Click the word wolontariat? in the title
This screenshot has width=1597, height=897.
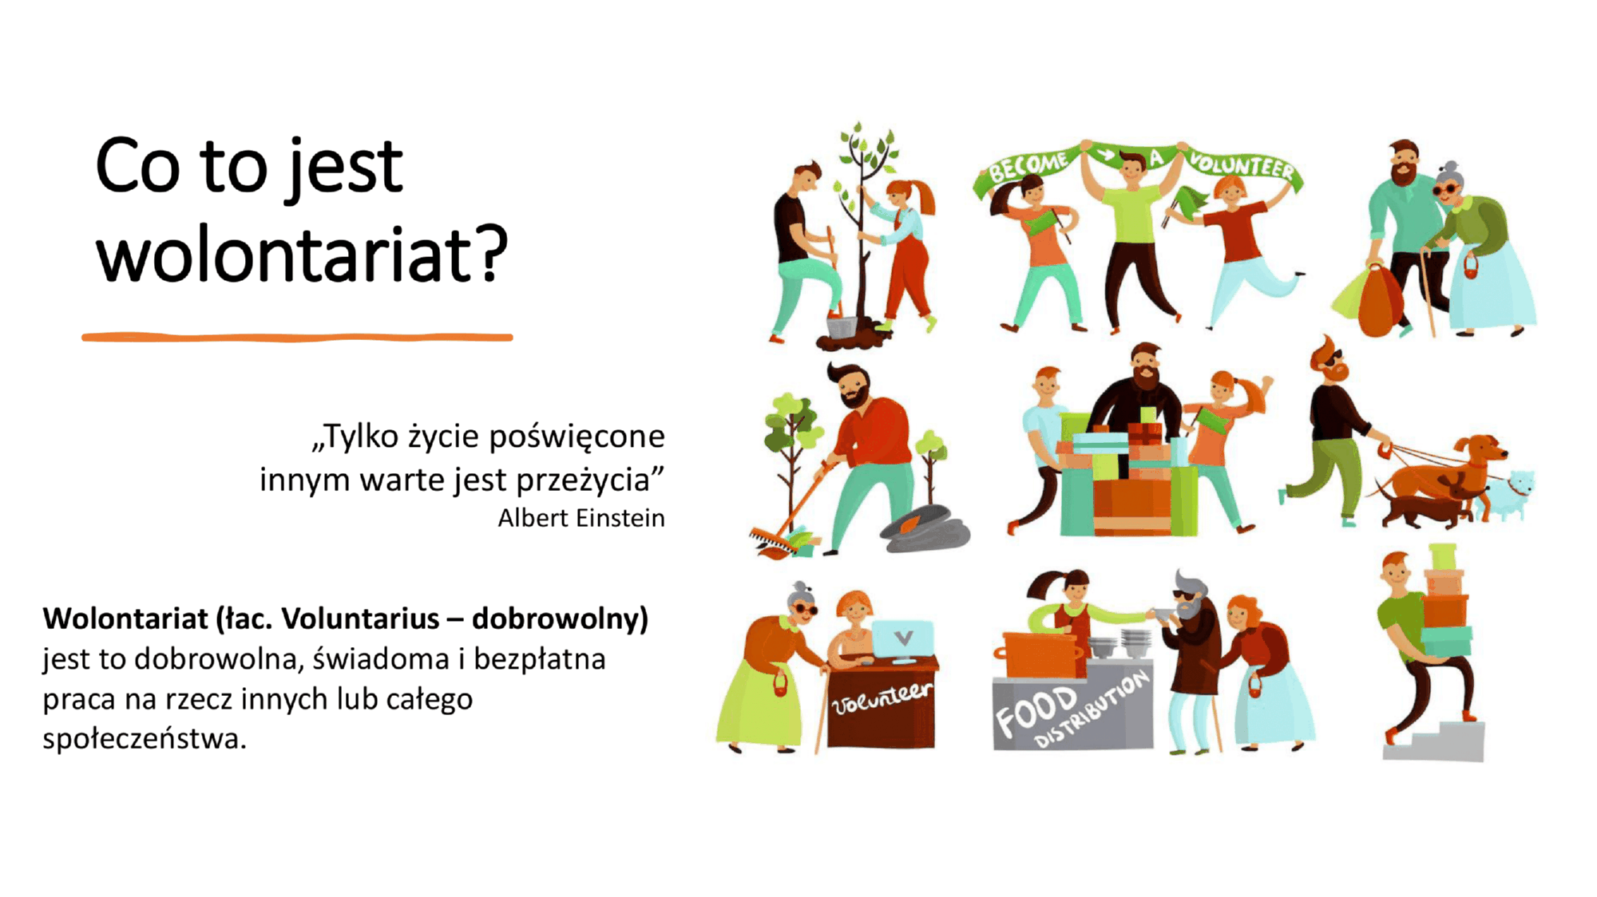click(302, 255)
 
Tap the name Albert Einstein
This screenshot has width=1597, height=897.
click(581, 518)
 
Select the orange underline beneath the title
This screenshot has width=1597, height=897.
click(297, 338)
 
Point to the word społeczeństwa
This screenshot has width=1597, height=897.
click(145, 739)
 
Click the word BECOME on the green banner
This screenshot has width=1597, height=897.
click(1028, 166)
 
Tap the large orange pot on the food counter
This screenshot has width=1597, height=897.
click(1038, 655)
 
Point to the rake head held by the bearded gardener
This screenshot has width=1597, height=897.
click(771, 540)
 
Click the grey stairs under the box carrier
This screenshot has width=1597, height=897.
click(1436, 741)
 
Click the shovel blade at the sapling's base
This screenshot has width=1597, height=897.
click(842, 326)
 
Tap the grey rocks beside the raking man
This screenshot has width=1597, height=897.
click(926, 529)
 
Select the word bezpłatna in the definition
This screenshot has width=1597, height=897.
click(540, 660)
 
